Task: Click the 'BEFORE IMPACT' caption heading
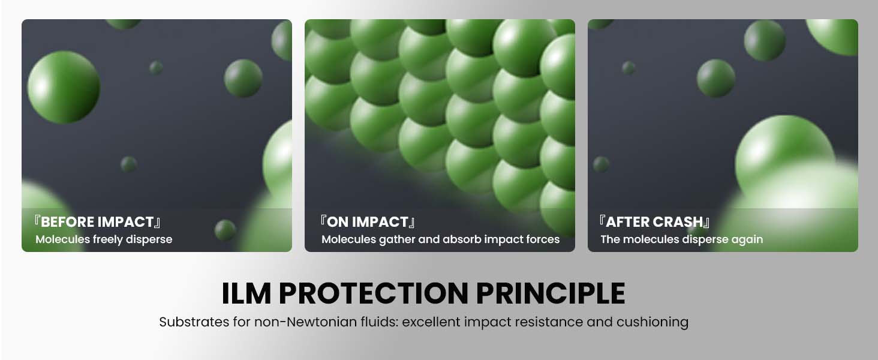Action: pos(97,222)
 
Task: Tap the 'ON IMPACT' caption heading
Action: pos(368,222)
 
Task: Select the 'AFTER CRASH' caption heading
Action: pos(654,222)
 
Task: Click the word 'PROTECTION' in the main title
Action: pos(374,293)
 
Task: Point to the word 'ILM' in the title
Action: pos(246,293)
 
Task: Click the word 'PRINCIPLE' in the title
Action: pos(551,293)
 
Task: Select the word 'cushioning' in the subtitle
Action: pos(653,323)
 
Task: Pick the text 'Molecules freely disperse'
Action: pos(104,239)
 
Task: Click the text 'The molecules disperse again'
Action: pos(682,239)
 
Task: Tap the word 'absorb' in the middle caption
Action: pos(462,239)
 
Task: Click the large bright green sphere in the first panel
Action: pos(64,87)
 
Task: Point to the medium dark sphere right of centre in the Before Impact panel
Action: pos(243,78)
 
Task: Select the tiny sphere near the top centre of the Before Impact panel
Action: pos(156,67)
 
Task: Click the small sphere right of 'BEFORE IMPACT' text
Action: pos(225,230)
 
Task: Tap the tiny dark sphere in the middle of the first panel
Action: pos(128,164)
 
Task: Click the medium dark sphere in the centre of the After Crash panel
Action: pos(715,78)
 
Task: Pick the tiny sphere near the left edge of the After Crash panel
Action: pos(601,164)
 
